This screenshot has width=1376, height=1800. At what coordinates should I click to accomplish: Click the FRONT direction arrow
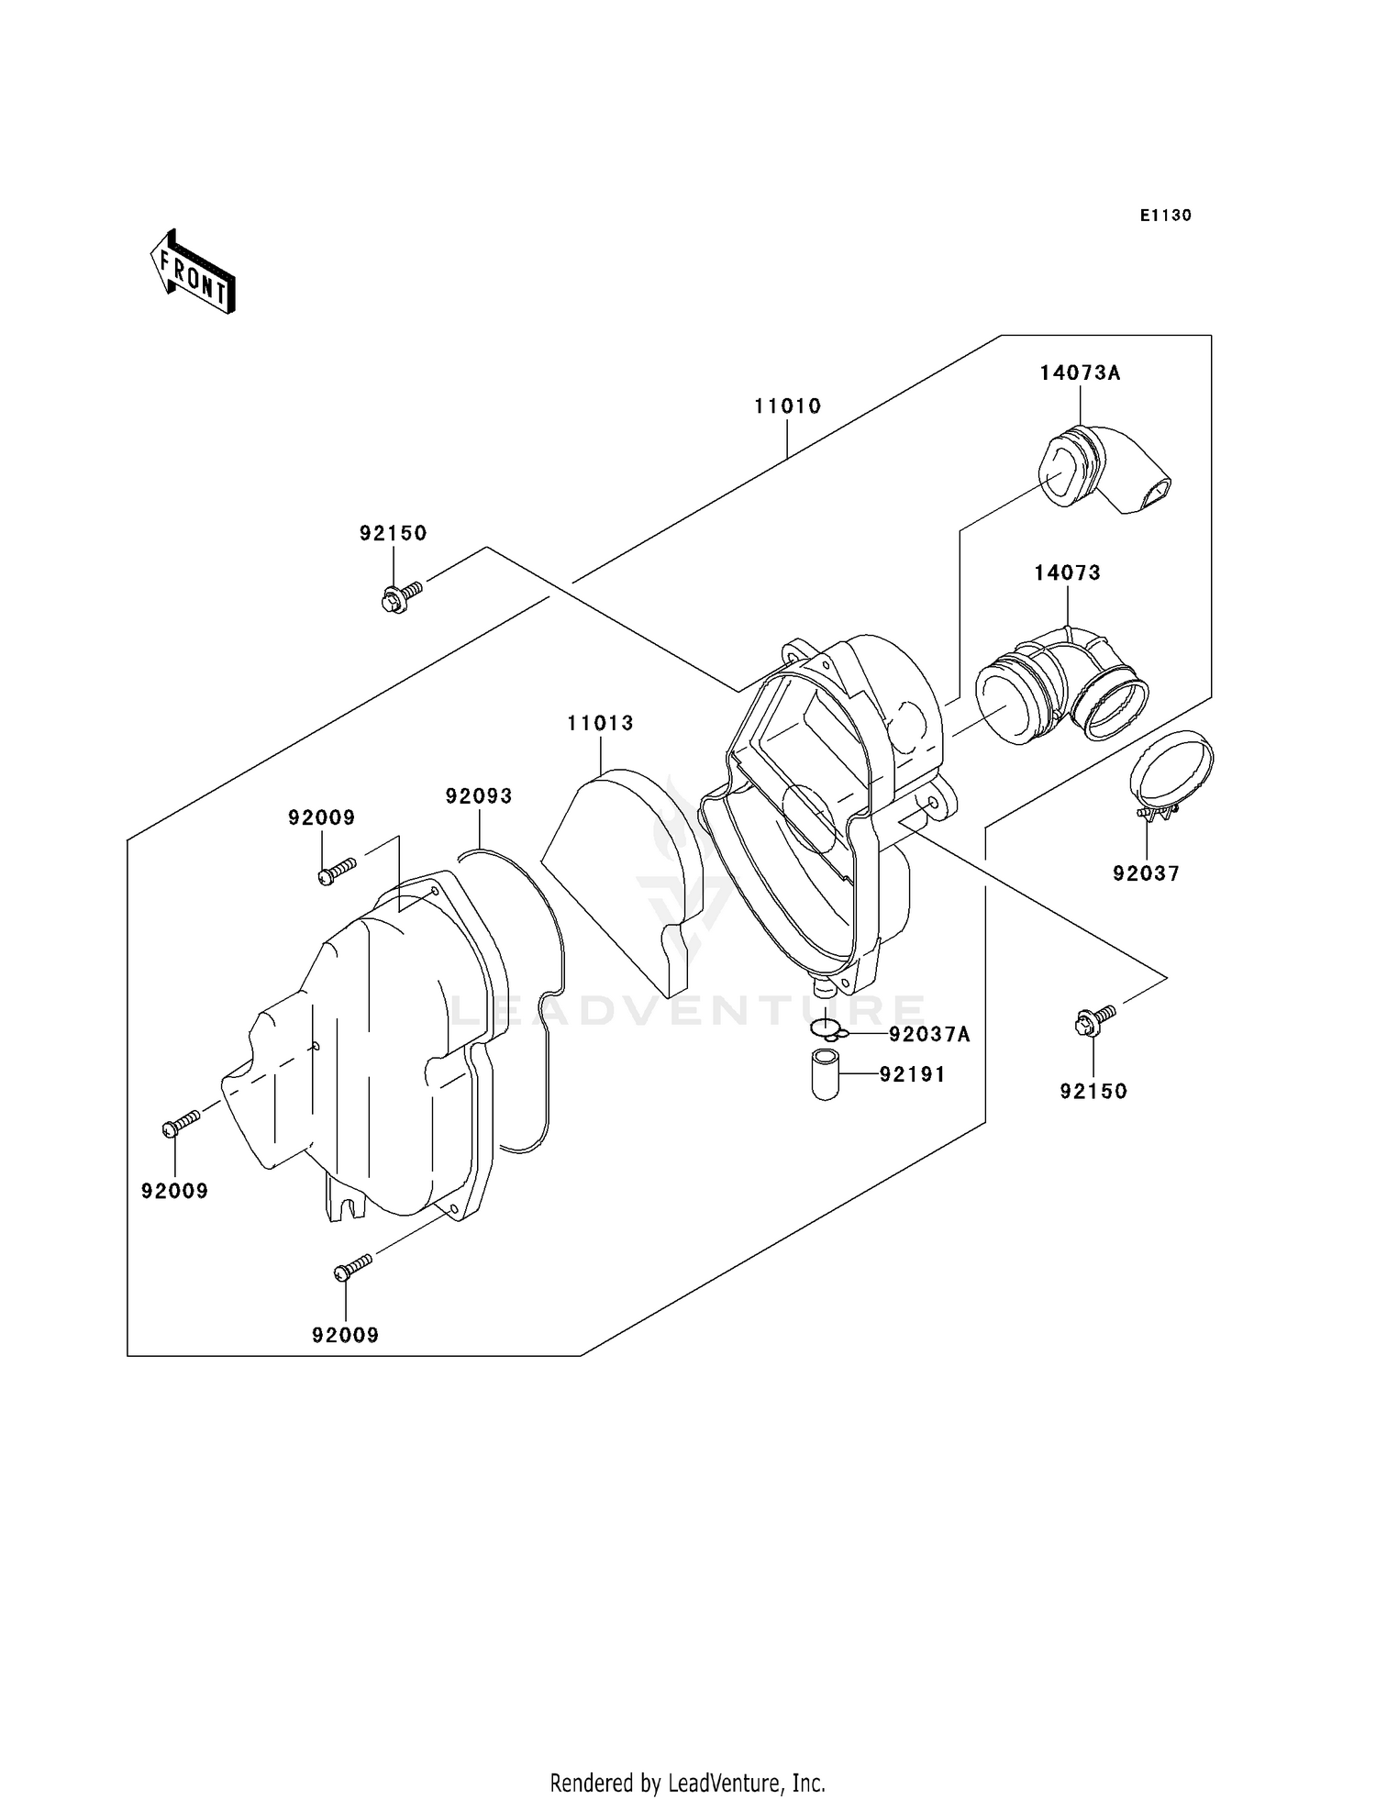point(194,272)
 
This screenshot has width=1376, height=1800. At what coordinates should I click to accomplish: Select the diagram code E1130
point(1165,216)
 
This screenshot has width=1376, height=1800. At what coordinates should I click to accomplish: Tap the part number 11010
point(787,406)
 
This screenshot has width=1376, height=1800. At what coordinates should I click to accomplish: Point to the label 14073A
point(1080,372)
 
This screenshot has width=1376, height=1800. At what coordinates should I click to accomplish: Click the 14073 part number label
point(1067,572)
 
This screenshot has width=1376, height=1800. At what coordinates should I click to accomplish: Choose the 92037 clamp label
point(1146,873)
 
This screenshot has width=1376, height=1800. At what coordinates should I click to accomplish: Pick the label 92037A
point(929,1035)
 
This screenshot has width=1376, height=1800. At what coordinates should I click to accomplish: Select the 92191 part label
point(912,1074)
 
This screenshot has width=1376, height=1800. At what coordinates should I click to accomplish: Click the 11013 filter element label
point(600,723)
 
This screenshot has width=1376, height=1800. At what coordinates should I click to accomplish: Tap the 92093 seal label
point(479,796)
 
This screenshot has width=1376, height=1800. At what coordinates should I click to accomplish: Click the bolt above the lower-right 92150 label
point(1093,1020)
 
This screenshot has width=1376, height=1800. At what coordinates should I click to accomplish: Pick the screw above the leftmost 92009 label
point(181,1123)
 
